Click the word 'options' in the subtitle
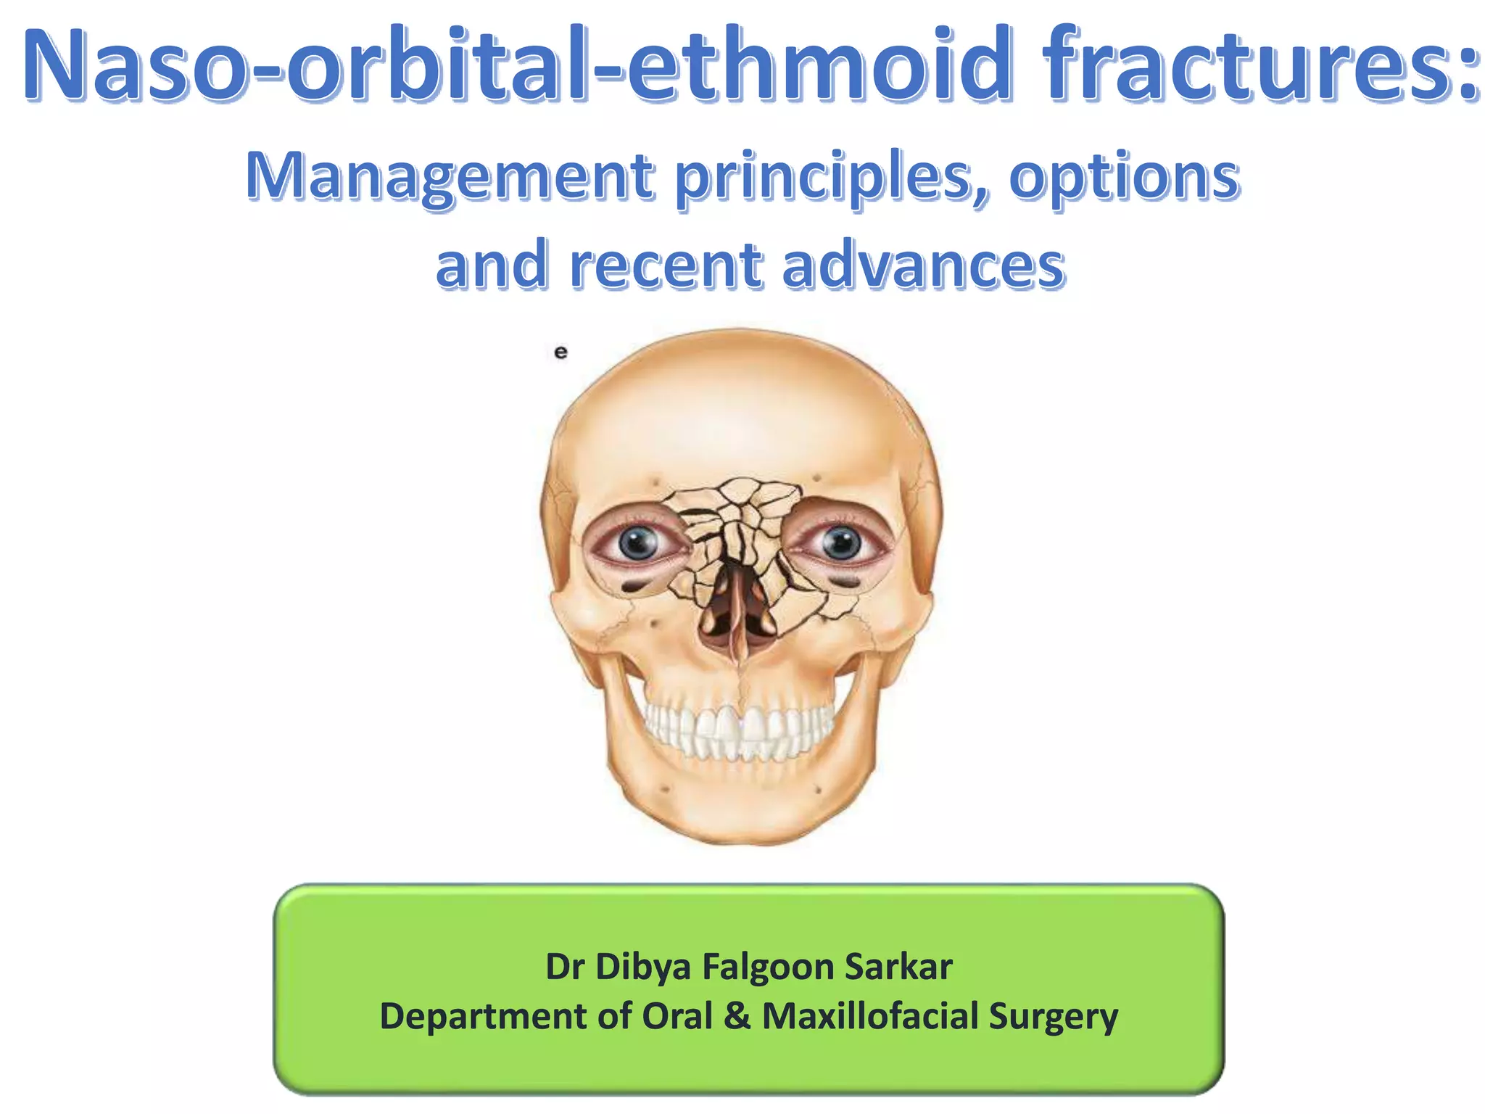(1124, 178)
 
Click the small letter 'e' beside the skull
(561, 353)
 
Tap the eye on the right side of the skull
(841, 542)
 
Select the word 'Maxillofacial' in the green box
(870, 1015)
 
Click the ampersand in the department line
(737, 1015)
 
